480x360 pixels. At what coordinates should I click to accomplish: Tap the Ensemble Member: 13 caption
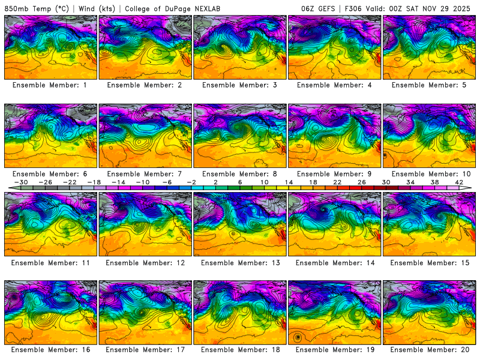[239, 262]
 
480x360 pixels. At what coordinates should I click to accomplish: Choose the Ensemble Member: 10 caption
[429, 174]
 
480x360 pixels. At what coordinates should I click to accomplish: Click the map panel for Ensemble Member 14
[334, 224]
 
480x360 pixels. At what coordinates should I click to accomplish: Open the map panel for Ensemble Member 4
[334, 47]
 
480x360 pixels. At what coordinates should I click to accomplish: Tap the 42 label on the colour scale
[459, 182]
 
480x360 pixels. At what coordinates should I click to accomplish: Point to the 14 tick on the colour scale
[288, 182]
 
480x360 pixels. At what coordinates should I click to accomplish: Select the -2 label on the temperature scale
[190, 182]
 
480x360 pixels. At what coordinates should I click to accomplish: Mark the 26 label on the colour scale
[361, 182]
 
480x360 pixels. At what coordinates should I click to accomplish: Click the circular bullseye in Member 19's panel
[298, 337]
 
